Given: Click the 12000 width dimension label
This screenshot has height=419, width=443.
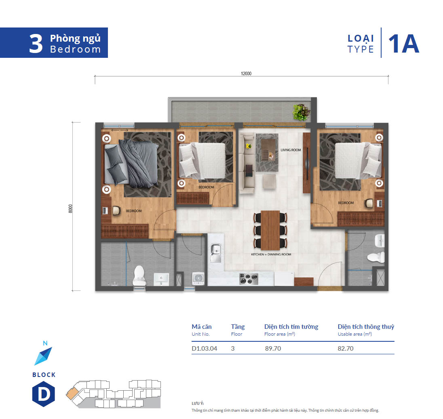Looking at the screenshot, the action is [246, 74].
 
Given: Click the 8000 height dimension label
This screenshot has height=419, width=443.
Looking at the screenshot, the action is [70, 209].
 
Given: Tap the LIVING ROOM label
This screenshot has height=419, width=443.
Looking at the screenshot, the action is [291, 150].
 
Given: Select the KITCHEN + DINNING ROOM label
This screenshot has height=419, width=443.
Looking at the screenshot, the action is [271, 254].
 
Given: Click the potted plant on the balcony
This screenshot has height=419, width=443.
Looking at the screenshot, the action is [302, 112].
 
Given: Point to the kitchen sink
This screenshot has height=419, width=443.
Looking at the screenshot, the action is [215, 253].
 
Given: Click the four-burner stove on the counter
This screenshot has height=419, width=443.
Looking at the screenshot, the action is [249, 279].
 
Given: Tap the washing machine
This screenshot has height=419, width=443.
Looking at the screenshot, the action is [198, 279].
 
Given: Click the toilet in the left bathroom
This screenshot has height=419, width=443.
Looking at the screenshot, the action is [139, 276].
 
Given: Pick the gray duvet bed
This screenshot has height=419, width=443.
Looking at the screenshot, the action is [131, 163].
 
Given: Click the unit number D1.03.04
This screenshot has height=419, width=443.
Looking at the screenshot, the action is [204, 349].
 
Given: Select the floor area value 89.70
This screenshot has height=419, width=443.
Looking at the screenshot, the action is [273, 349].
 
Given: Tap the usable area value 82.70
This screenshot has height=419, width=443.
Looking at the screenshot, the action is [346, 349].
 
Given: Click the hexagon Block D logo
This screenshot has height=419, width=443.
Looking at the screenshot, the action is [44, 394].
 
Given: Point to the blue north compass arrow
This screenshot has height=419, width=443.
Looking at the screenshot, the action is [43, 356].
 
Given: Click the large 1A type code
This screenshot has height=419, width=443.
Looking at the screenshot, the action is [403, 44].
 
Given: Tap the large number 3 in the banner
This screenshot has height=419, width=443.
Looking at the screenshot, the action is [36, 44].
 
